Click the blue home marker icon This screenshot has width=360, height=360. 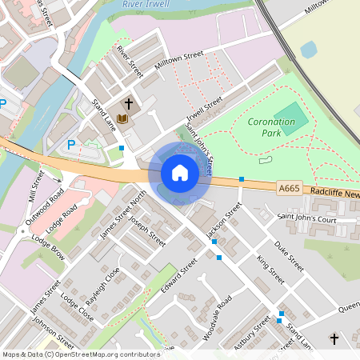(x=180, y=172)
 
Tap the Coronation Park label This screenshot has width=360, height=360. (x=271, y=128)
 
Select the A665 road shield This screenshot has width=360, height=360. (x=289, y=188)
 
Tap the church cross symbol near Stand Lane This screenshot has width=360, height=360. (x=127, y=104)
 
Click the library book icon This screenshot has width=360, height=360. (x=122, y=119)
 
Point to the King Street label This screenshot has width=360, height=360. (x=270, y=270)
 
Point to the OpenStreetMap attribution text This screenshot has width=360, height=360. (x=80, y=354)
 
